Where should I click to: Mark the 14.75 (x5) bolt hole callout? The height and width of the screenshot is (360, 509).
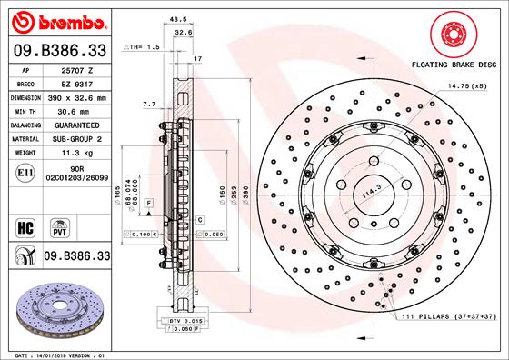465,85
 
